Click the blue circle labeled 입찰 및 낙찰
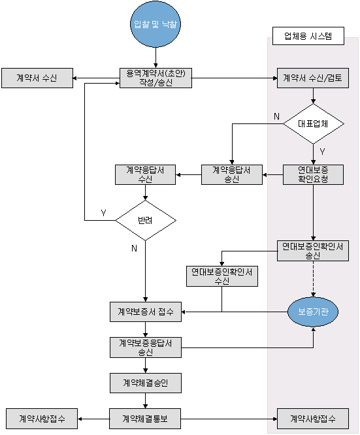(x=155, y=24)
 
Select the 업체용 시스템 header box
(x=308, y=36)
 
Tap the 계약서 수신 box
(x=37, y=78)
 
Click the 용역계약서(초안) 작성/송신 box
(x=155, y=78)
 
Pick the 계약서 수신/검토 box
(x=313, y=78)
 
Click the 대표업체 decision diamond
(x=314, y=123)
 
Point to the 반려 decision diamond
(x=146, y=220)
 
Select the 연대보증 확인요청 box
(x=313, y=175)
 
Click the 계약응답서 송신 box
(x=232, y=175)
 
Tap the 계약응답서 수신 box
(x=146, y=175)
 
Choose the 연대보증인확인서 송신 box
(x=313, y=251)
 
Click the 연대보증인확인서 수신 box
(x=222, y=276)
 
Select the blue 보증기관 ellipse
(x=313, y=312)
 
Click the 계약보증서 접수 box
(x=146, y=312)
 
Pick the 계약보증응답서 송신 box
(x=146, y=347)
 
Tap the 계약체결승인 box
(x=146, y=383)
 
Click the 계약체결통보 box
(x=145, y=419)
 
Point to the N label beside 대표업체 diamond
(x=276, y=116)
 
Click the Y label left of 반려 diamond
(x=103, y=213)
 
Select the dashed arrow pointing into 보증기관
(x=313, y=279)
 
